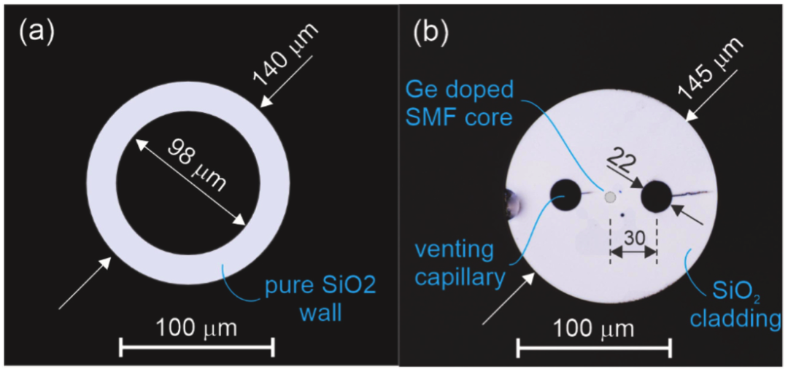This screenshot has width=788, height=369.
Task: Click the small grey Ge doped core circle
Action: (610, 198)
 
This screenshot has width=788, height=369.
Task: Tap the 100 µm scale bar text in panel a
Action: (196, 329)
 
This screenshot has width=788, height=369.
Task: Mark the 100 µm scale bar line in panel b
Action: (594, 346)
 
